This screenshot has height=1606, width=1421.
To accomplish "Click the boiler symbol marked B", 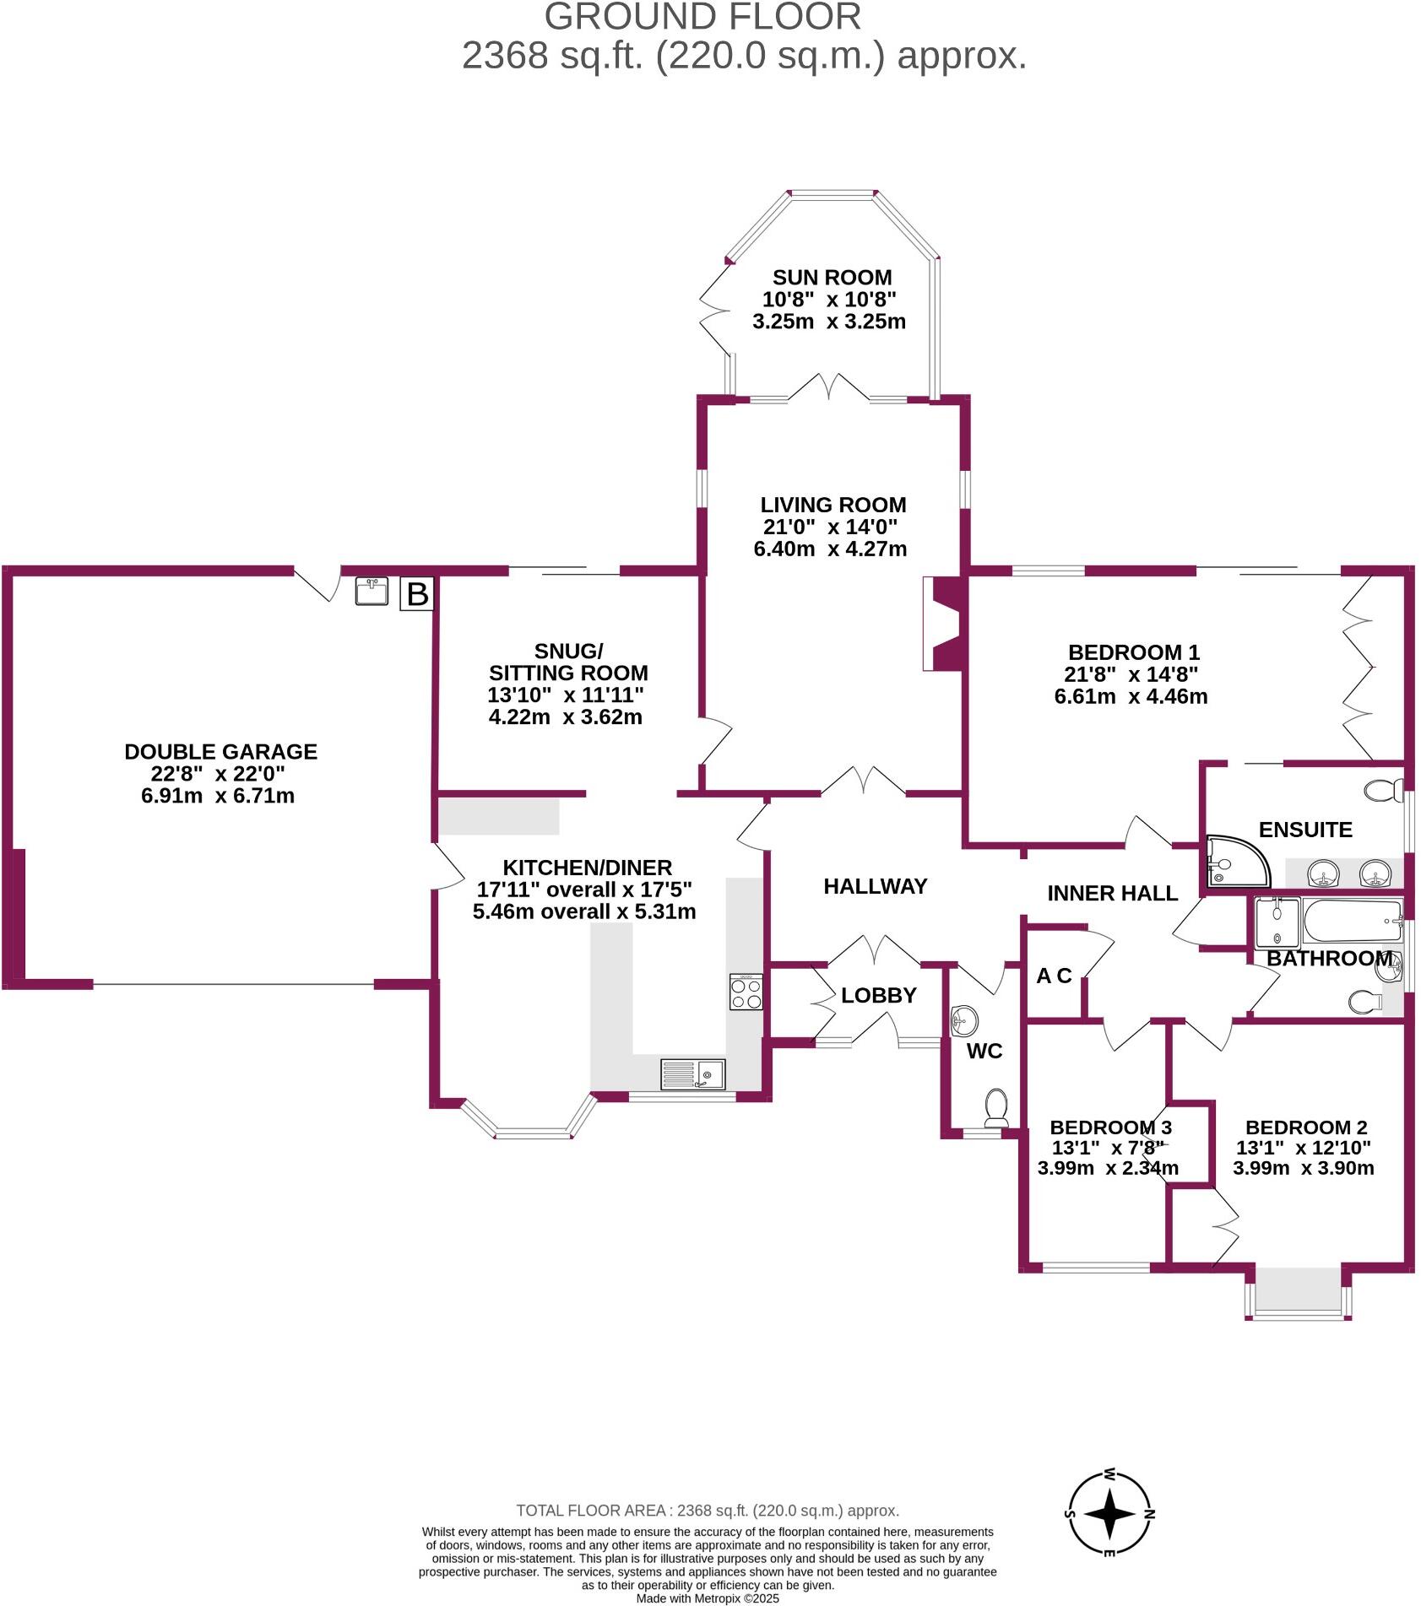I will click(x=417, y=594).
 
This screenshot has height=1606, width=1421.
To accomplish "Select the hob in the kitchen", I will click(x=746, y=992).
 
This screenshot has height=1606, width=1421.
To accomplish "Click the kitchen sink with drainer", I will click(x=692, y=1074).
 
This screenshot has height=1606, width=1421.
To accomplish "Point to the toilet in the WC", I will click(x=997, y=1109).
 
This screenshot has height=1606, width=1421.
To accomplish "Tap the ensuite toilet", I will click(x=1381, y=791).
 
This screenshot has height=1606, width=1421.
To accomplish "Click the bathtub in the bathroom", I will click(x=1352, y=922).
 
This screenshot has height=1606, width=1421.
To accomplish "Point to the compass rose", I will click(x=1110, y=1515).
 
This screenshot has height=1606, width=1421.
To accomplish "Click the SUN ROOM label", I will click(x=832, y=278).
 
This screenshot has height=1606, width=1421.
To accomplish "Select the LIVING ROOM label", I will click(x=833, y=505).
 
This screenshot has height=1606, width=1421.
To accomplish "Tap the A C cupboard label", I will click(x=1054, y=976).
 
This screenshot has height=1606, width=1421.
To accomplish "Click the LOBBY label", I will click(x=878, y=995).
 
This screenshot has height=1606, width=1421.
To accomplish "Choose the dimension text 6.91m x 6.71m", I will click(x=218, y=796).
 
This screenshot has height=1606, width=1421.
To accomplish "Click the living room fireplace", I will click(x=944, y=624).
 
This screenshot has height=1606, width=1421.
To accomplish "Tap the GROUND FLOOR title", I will click(x=702, y=17).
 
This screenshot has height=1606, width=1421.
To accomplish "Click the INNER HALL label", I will click(x=1112, y=893).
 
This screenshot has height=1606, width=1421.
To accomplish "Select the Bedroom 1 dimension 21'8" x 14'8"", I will click(x=1131, y=674).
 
